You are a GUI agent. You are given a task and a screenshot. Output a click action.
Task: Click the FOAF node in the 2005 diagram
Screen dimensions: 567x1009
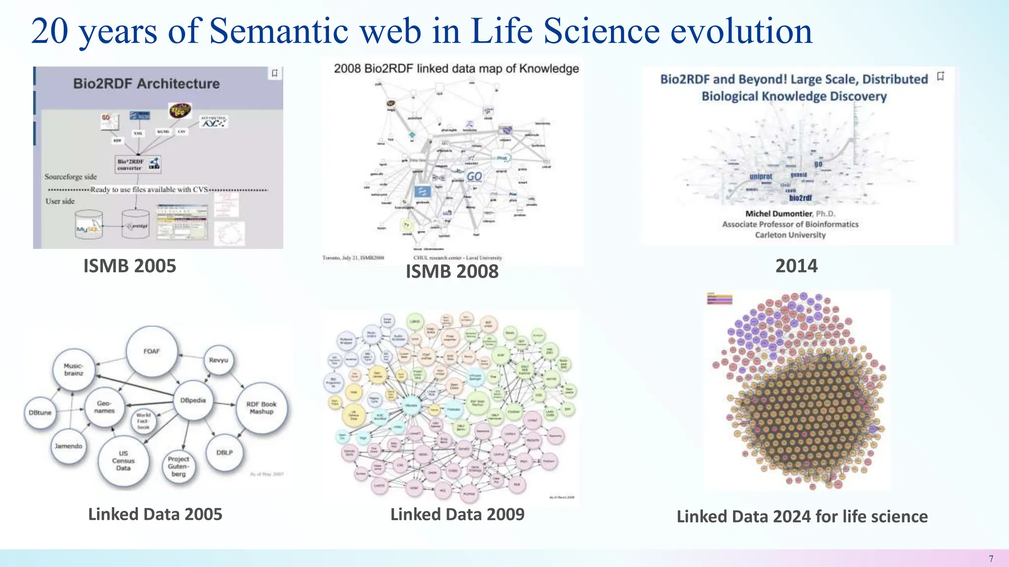pos(152,351)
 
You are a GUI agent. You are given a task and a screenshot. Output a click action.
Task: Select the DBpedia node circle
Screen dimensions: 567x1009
pos(193,400)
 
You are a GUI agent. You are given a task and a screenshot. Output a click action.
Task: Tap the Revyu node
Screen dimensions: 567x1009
pos(218,360)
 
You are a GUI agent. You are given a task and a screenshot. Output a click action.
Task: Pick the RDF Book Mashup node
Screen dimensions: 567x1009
pos(262,408)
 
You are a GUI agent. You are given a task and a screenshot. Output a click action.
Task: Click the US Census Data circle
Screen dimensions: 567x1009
pos(123,461)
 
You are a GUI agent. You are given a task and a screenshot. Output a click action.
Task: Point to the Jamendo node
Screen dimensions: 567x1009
pos(68,446)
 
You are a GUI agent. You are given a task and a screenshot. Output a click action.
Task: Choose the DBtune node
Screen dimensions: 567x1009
pos(40,412)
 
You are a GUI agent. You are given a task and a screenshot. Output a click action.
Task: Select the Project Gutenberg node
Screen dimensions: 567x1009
pos(178,466)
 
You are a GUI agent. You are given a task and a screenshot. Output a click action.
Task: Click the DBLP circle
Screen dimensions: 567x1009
pos(225,452)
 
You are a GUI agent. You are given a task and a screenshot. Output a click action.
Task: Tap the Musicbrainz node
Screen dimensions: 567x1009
pos(73,370)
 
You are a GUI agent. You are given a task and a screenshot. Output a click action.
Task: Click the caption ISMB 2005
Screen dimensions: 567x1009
pos(130,266)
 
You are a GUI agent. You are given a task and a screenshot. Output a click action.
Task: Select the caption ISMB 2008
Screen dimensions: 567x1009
pos(452,271)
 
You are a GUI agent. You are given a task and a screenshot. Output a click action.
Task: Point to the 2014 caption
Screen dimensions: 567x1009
pos(796,266)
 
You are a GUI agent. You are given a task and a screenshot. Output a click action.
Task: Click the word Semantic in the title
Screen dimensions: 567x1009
pos(279,31)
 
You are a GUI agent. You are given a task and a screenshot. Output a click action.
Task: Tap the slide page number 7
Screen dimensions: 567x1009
pos(991,559)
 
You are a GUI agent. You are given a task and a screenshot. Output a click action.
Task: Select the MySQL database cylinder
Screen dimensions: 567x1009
pos(89,225)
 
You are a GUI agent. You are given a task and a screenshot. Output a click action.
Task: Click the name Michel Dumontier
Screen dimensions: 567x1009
pos(778,214)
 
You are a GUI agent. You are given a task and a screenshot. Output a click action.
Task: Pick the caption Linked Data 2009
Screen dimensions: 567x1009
pos(457,514)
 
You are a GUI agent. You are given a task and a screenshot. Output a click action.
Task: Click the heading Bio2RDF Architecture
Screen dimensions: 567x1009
pos(146,84)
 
